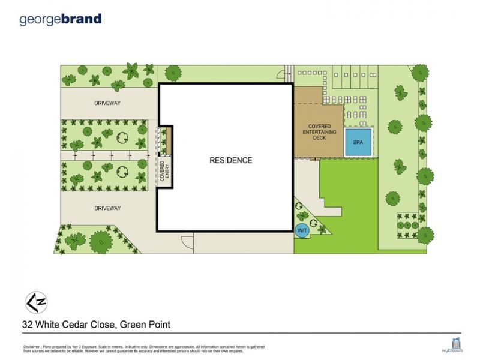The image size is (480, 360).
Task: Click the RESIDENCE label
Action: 230,160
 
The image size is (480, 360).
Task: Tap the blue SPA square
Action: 358,143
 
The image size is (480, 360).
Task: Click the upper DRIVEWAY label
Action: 107,103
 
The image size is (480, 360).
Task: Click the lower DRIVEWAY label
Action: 107,208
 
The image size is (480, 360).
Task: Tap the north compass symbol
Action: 35,301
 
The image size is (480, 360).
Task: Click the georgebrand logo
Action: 61,19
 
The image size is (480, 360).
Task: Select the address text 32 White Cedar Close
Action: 66,325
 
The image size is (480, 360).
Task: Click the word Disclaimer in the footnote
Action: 32,347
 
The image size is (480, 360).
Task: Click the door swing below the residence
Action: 187,241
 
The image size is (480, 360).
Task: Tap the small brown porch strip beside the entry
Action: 169,140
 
